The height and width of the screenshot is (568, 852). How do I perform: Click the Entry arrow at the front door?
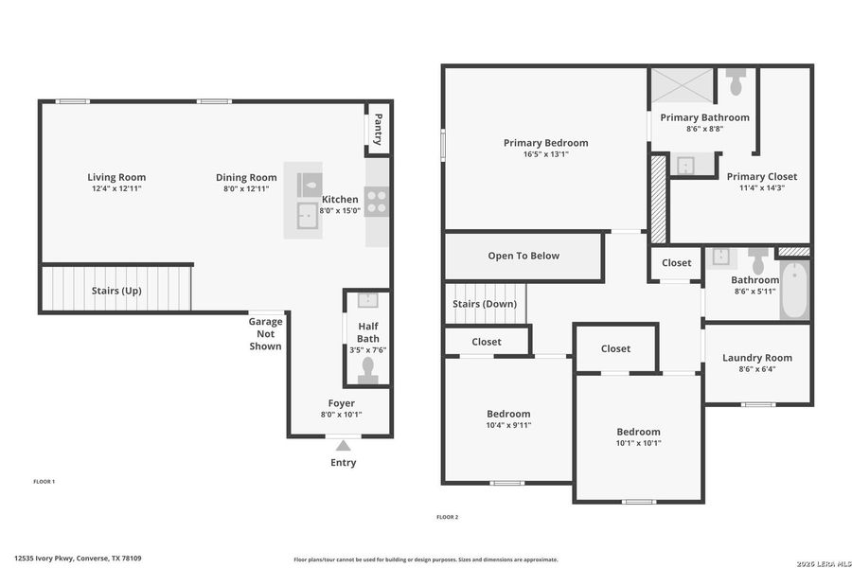click(x=344, y=445)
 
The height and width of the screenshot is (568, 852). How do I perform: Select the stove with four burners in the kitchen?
click(x=376, y=201)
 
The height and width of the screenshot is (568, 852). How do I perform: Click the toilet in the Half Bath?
click(x=367, y=369)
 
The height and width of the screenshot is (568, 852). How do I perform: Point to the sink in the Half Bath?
click(x=367, y=301)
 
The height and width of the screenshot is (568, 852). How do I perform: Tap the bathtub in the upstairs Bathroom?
click(x=793, y=292)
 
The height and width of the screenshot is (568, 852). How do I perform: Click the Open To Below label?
click(x=524, y=256)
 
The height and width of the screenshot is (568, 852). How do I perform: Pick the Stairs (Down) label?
click(x=484, y=304)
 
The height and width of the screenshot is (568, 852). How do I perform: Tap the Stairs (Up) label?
click(x=116, y=291)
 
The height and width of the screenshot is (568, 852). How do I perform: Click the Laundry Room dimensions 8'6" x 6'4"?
click(x=756, y=369)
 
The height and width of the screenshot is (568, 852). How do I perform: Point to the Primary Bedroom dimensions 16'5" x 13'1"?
click(x=545, y=154)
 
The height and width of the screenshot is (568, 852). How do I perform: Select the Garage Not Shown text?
click(x=265, y=333)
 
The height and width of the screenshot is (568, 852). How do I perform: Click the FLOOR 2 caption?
click(x=447, y=517)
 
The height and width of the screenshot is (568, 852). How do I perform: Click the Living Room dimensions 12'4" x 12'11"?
click(x=116, y=188)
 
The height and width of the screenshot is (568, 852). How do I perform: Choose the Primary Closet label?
click(x=761, y=176)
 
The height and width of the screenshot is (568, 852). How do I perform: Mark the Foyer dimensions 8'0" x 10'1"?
click(x=341, y=414)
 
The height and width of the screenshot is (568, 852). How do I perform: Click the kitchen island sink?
click(x=306, y=216)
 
